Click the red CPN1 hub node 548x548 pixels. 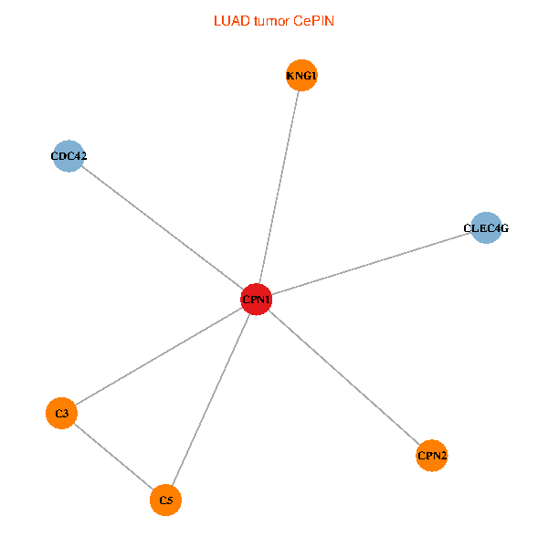[256, 300]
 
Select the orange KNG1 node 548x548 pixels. [301, 75]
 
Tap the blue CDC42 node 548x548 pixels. [68, 156]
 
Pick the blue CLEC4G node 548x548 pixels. [486, 227]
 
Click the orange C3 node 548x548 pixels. [61, 413]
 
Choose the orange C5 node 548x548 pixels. [165, 501]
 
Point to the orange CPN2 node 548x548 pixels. [432, 456]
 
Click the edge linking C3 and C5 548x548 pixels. [113, 457]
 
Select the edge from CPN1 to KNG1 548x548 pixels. [279, 187]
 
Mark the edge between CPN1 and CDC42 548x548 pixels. [163, 227]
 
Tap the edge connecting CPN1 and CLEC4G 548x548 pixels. [371, 264]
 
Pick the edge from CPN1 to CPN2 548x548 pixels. [344, 377]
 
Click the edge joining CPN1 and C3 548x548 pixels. [159, 356]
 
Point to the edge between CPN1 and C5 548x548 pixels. [211, 399]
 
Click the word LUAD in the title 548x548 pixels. [232, 21]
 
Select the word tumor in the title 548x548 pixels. [271, 21]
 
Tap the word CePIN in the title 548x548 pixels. [314, 21]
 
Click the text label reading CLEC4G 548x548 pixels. [486, 228]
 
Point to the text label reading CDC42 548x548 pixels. [68, 156]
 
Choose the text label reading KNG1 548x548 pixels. [301, 76]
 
